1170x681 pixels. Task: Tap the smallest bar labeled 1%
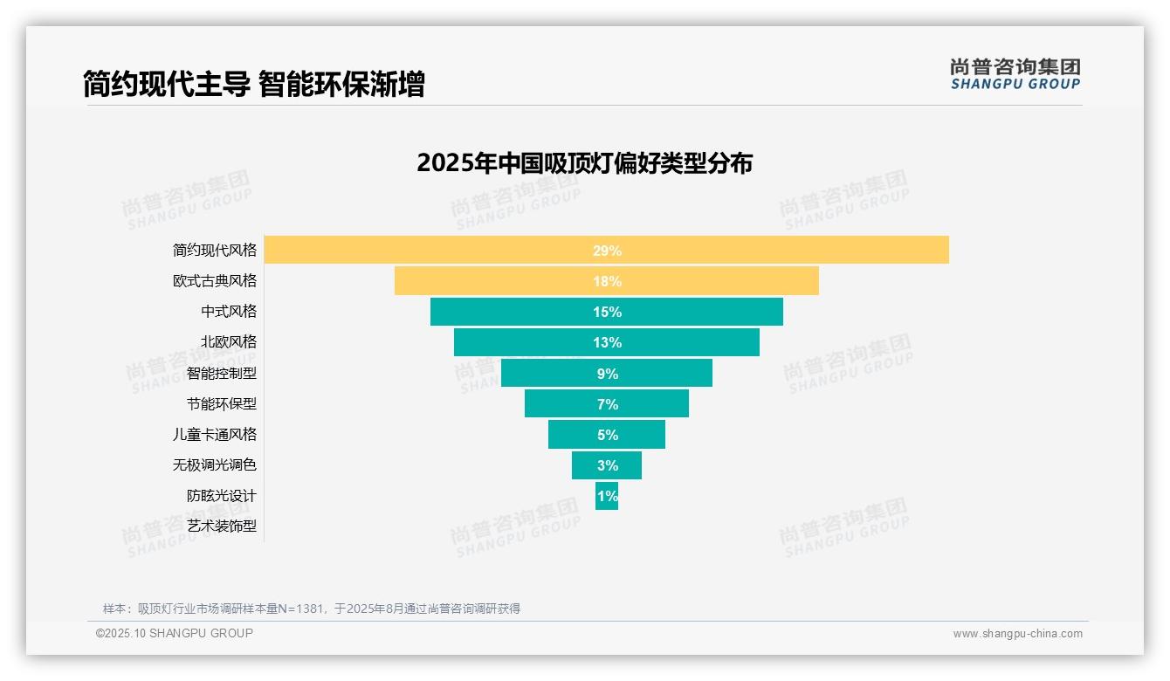click(607, 496)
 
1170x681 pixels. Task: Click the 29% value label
click(607, 251)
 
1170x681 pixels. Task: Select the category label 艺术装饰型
click(222, 526)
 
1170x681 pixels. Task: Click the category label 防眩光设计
click(222, 496)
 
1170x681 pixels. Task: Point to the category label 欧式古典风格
click(215, 281)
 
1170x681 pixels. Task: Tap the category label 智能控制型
click(222, 373)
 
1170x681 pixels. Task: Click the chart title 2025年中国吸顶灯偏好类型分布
click(584, 163)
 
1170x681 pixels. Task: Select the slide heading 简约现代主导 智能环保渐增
click(253, 85)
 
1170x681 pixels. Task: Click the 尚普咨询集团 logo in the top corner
click(1015, 74)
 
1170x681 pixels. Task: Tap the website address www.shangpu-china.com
click(1017, 634)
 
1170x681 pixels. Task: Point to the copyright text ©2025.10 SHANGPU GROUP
click(175, 633)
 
